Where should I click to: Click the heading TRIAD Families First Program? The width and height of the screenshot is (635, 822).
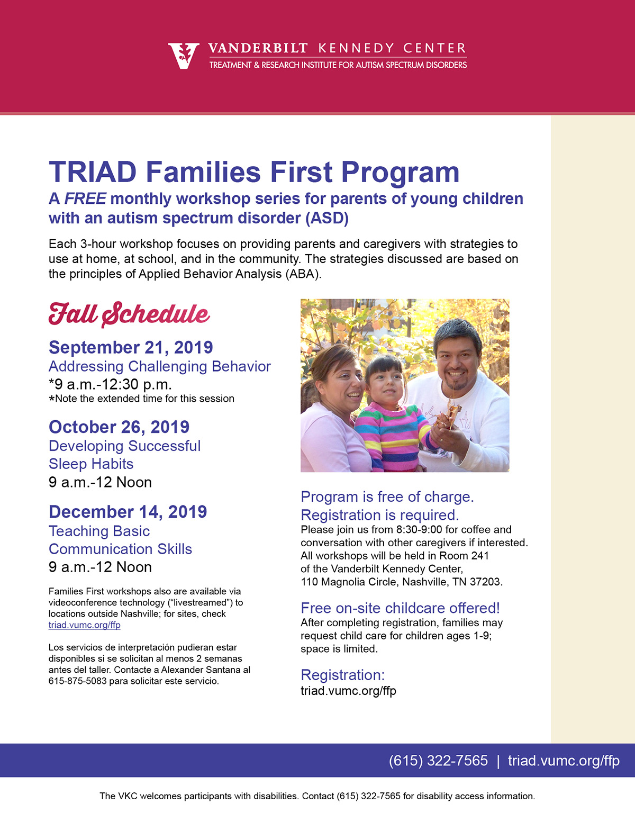pyautogui.click(x=254, y=172)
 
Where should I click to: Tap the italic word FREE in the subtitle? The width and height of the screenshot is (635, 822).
pyautogui.click(x=85, y=198)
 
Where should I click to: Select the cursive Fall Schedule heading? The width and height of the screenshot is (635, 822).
pyautogui.click(x=129, y=314)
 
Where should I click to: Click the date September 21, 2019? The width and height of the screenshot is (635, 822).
pyautogui.click(x=131, y=347)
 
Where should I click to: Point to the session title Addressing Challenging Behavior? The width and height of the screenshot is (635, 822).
pyautogui.click(x=159, y=366)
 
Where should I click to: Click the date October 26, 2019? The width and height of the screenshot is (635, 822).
pyautogui.click(x=119, y=427)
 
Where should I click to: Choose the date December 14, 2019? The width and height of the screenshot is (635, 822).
pyautogui.click(x=128, y=511)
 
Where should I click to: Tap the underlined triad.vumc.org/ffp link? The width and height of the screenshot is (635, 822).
pyautogui.click(x=85, y=625)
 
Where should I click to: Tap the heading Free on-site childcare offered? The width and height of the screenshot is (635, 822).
pyautogui.click(x=400, y=608)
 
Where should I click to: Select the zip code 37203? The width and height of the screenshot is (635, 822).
pyautogui.click(x=486, y=582)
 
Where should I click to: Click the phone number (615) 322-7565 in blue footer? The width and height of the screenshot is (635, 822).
pyautogui.click(x=438, y=761)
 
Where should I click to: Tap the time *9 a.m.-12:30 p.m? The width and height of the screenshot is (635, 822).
pyautogui.click(x=110, y=384)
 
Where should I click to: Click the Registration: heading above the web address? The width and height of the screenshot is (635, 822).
pyautogui.click(x=342, y=675)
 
